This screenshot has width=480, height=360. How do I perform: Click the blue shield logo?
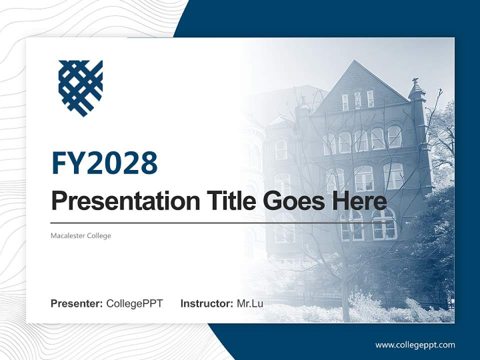pos(80,88)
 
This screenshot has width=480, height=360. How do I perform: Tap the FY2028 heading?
pos(104,163)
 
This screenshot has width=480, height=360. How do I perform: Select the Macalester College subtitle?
pos(80,235)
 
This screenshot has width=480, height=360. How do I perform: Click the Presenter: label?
pos(77,303)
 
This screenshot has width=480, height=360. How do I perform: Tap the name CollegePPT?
pos(134,303)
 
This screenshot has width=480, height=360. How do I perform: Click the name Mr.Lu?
pos(250,303)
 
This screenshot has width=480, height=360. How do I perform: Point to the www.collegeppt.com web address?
pos(415,344)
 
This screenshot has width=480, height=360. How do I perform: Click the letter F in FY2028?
pos(59,163)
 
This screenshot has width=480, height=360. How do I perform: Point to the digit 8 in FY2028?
pos(148,163)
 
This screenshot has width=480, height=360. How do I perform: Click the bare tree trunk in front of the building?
pos(345,295)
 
